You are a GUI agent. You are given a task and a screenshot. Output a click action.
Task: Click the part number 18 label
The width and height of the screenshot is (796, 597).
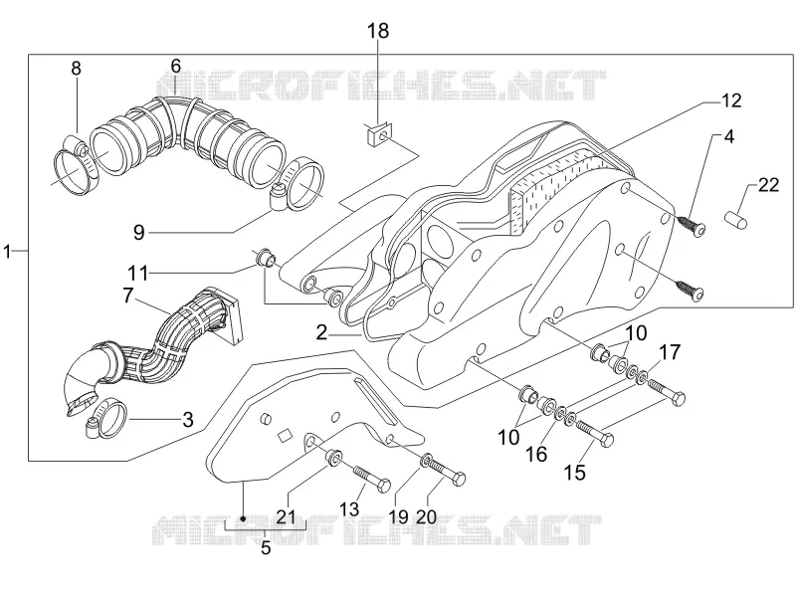379,31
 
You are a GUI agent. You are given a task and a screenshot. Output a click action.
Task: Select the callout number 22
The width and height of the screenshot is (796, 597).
768,185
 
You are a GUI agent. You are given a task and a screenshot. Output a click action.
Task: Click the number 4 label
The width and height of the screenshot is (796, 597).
729,136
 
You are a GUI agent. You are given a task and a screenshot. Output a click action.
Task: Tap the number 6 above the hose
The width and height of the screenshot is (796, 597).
176,66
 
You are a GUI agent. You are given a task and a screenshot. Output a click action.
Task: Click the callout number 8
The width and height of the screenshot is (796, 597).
76,68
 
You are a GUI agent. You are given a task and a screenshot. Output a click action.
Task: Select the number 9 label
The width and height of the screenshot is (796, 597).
138,233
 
